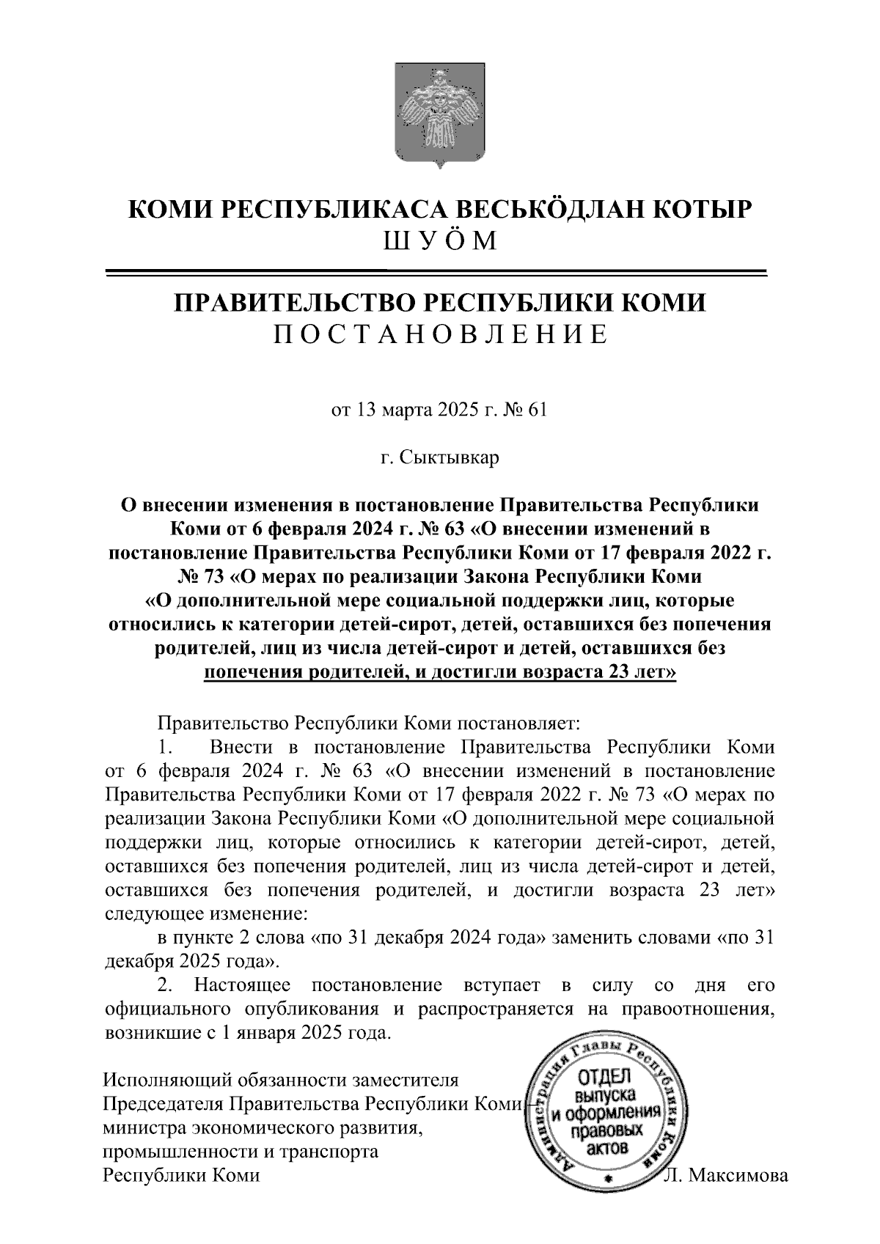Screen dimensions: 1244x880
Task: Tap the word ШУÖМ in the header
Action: click(x=440, y=240)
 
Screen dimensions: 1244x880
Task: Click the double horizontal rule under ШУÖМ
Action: click(x=440, y=273)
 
